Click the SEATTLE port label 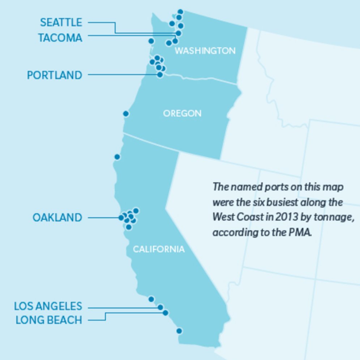tap(61, 22)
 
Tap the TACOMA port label tap(60, 38)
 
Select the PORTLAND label tap(55, 75)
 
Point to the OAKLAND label tap(57, 218)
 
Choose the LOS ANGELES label tap(48, 306)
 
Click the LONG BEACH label tap(49, 320)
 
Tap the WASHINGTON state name tap(205, 51)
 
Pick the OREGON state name tap(182, 113)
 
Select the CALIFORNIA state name tap(159, 249)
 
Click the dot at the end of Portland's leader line tap(160, 74)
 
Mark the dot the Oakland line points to tap(121, 218)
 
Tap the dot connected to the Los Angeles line tap(160, 307)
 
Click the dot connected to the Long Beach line tap(166, 313)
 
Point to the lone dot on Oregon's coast tap(126, 114)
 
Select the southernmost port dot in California tap(179, 331)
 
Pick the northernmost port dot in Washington tap(180, 12)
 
